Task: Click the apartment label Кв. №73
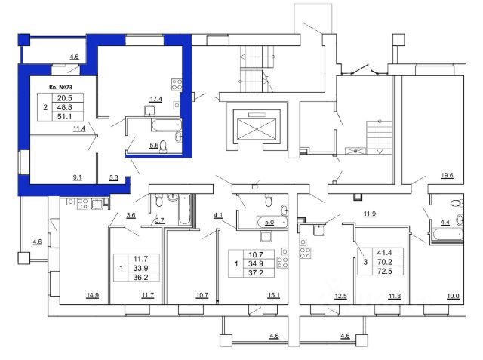(60, 87)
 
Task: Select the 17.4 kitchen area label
(156, 99)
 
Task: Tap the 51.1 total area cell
(65, 116)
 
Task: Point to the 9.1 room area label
(77, 177)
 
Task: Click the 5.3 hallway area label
(114, 177)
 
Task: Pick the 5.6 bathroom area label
(154, 146)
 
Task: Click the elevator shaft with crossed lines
(257, 130)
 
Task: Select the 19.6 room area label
(447, 176)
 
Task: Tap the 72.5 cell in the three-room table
(384, 271)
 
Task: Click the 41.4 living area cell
(384, 253)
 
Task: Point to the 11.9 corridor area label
(369, 214)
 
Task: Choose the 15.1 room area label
(273, 295)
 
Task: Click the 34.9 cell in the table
(256, 264)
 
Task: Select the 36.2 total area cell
(140, 278)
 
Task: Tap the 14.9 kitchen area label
(92, 295)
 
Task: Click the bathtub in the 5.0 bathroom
(272, 223)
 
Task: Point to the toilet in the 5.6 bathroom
(163, 146)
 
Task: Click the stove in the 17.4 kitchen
(177, 85)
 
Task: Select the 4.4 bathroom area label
(445, 223)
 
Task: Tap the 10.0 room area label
(453, 296)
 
